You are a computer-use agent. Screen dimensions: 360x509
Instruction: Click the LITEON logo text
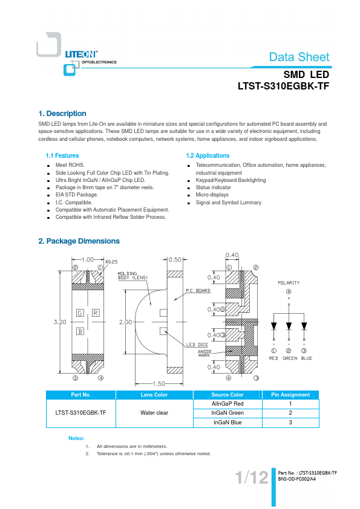pyautogui.click(x=81, y=54)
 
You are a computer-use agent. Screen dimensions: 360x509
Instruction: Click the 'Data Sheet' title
pyautogui.click(x=299, y=57)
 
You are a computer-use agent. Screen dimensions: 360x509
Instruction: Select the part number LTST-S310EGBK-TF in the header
pyautogui.click(x=283, y=86)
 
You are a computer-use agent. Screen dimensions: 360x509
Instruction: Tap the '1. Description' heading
pyautogui.click(x=62, y=114)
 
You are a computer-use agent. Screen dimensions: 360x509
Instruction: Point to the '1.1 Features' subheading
pyautogui.click(x=62, y=155)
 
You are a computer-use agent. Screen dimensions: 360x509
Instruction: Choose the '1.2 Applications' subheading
pyautogui.click(x=208, y=155)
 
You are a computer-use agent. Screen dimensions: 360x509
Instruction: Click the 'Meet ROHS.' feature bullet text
pyautogui.click(x=70, y=165)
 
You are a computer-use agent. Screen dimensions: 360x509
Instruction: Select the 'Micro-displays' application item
pyautogui.click(x=212, y=195)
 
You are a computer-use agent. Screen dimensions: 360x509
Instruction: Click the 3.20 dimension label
pyautogui.click(x=60, y=322)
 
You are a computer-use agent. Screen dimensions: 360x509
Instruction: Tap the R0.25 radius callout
pyautogui.click(x=111, y=262)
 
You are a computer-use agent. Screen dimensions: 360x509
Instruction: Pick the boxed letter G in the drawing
pyautogui.click(x=80, y=313)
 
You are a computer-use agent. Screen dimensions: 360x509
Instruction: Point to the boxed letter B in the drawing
pyautogui.click(x=80, y=331)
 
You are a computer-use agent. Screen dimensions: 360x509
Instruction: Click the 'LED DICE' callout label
pyautogui.click(x=197, y=345)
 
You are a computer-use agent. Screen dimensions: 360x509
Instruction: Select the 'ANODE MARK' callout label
pyautogui.click(x=205, y=354)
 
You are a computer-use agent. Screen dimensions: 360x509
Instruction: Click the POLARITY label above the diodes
pyautogui.click(x=289, y=283)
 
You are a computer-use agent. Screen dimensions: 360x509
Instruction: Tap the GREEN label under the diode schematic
pyautogui.click(x=290, y=358)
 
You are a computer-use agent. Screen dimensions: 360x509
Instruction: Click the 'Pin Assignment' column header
pyautogui.click(x=290, y=395)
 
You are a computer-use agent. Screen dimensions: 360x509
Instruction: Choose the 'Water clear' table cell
pyautogui.click(x=154, y=413)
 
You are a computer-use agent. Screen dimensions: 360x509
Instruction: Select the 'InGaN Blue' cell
pyautogui.click(x=227, y=423)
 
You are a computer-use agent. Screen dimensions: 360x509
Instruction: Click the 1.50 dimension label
pyautogui.click(x=159, y=384)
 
